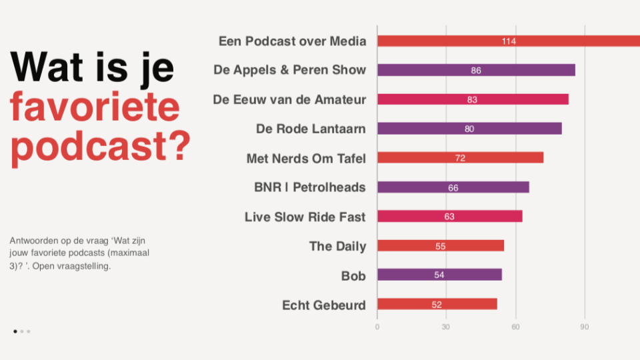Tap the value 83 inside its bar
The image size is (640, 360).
[x=472, y=99]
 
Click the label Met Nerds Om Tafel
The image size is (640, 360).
[x=306, y=158]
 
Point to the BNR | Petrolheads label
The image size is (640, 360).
[x=310, y=187]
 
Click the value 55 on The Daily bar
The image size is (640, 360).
[x=440, y=246]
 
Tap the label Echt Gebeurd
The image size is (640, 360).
[x=324, y=305]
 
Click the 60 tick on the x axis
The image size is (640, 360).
[x=515, y=327]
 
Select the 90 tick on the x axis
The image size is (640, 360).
[x=585, y=327]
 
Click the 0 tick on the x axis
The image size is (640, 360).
[x=377, y=327]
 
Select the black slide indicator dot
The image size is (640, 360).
[x=15, y=331]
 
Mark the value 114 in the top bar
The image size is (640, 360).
[x=509, y=41]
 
